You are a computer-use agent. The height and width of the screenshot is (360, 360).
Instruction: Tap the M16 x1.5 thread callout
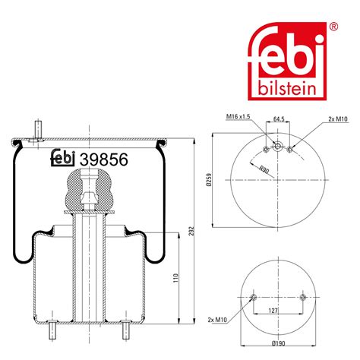238,116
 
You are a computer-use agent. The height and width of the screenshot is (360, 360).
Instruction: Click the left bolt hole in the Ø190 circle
254,296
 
